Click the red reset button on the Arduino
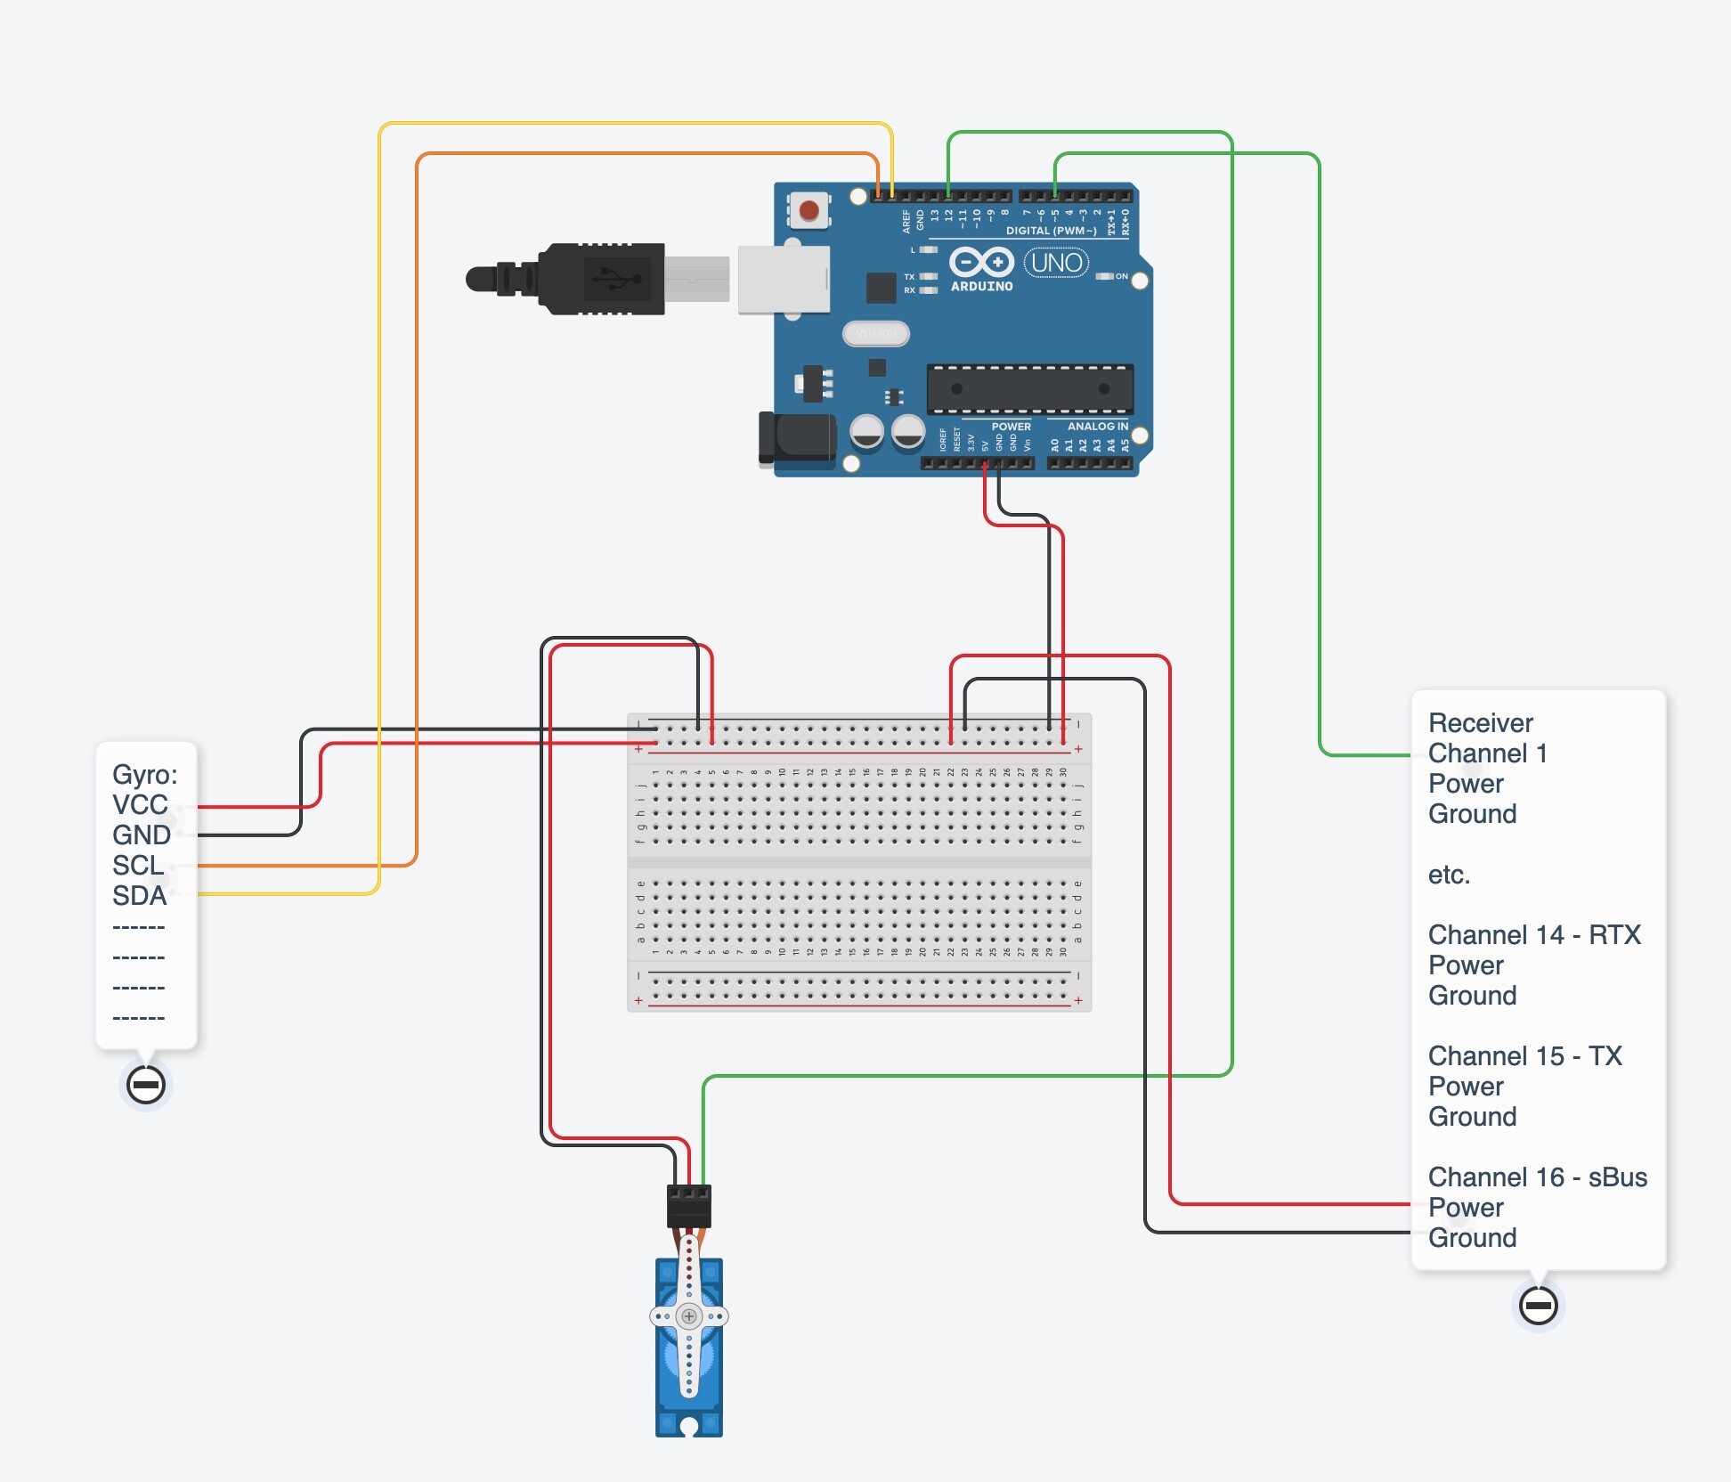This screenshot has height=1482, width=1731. (809, 211)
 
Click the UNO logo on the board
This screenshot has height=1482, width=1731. (1056, 263)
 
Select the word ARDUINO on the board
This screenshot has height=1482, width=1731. (981, 287)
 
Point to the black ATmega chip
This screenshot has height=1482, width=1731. (1029, 389)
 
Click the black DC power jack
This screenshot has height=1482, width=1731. (796, 438)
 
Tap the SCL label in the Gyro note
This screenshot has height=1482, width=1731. (137, 866)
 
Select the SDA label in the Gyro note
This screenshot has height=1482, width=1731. (139, 896)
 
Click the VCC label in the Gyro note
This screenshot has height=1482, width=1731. (140, 805)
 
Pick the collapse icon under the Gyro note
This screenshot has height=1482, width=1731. (145, 1085)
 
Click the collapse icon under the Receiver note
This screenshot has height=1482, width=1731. (1538, 1306)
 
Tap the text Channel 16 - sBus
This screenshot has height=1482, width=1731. (1537, 1177)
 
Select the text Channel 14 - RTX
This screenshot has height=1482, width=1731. (1533, 935)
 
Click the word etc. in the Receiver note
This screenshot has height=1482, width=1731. (1449, 875)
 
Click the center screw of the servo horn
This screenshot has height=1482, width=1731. (689, 1316)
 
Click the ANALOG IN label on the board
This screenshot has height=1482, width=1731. (1097, 427)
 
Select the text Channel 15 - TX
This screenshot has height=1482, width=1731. (1524, 1056)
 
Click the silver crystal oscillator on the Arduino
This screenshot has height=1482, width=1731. (875, 334)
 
